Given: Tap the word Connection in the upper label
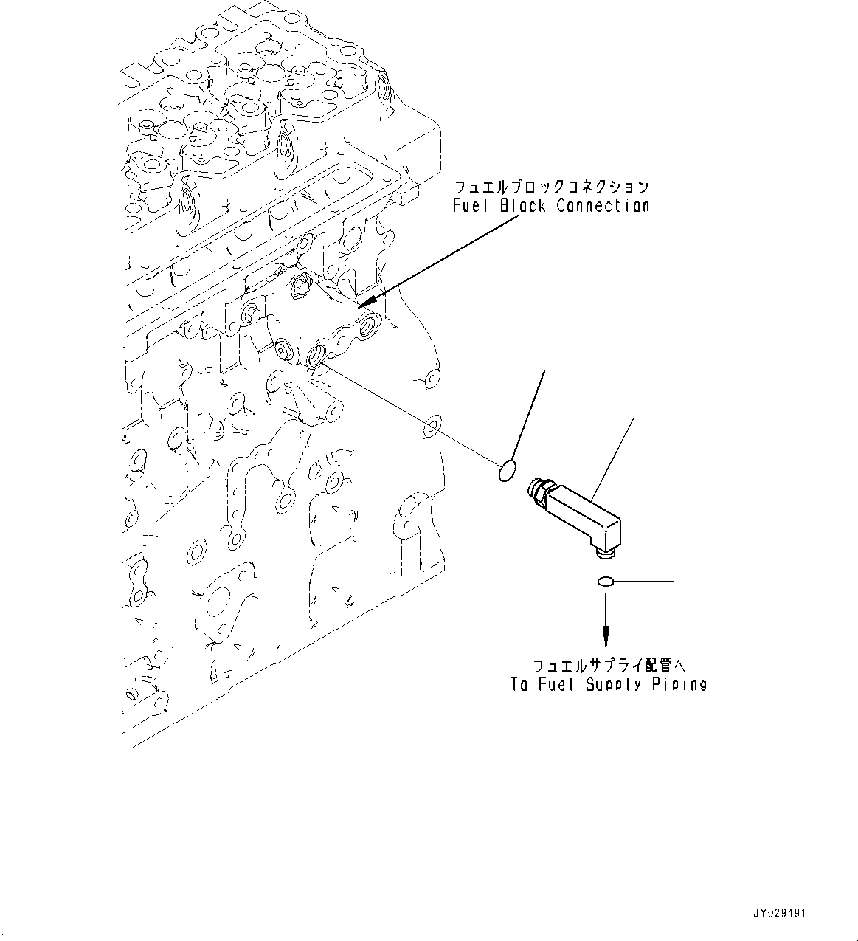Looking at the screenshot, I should click(603, 206).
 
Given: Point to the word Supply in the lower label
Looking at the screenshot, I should click(615, 685).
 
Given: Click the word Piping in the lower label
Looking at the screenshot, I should click(679, 685).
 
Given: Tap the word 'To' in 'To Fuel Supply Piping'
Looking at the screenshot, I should click(519, 685).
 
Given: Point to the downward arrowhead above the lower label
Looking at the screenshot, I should click(606, 633).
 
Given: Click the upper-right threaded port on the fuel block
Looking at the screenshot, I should click(367, 322).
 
